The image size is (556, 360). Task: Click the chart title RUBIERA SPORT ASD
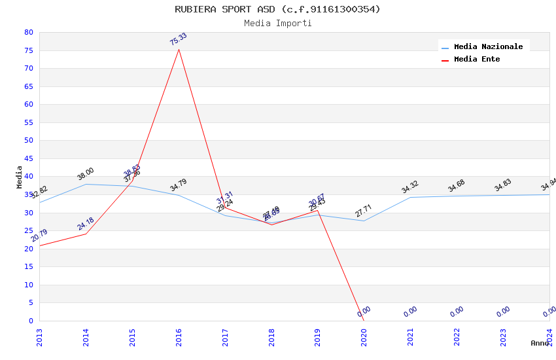(x=277, y=9)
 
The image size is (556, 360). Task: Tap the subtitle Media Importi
(x=277, y=23)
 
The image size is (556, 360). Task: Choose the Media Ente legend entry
(x=477, y=59)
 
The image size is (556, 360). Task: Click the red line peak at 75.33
(x=179, y=49)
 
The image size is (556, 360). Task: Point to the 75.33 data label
(x=178, y=39)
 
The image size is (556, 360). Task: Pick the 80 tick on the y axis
(x=28, y=32)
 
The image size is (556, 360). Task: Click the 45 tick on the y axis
(x=28, y=158)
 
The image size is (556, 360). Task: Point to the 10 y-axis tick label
(x=28, y=285)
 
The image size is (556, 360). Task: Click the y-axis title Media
(x=19, y=177)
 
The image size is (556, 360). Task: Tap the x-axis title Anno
(x=540, y=343)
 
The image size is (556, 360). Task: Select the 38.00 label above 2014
(x=86, y=173)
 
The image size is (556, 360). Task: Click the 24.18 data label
(x=86, y=224)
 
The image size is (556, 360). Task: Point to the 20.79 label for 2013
(x=39, y=236)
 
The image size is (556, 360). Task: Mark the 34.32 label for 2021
(x=410, y=187)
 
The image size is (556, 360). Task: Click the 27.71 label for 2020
(x=364, y=211)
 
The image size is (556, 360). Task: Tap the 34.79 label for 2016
(x=179, y=185)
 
